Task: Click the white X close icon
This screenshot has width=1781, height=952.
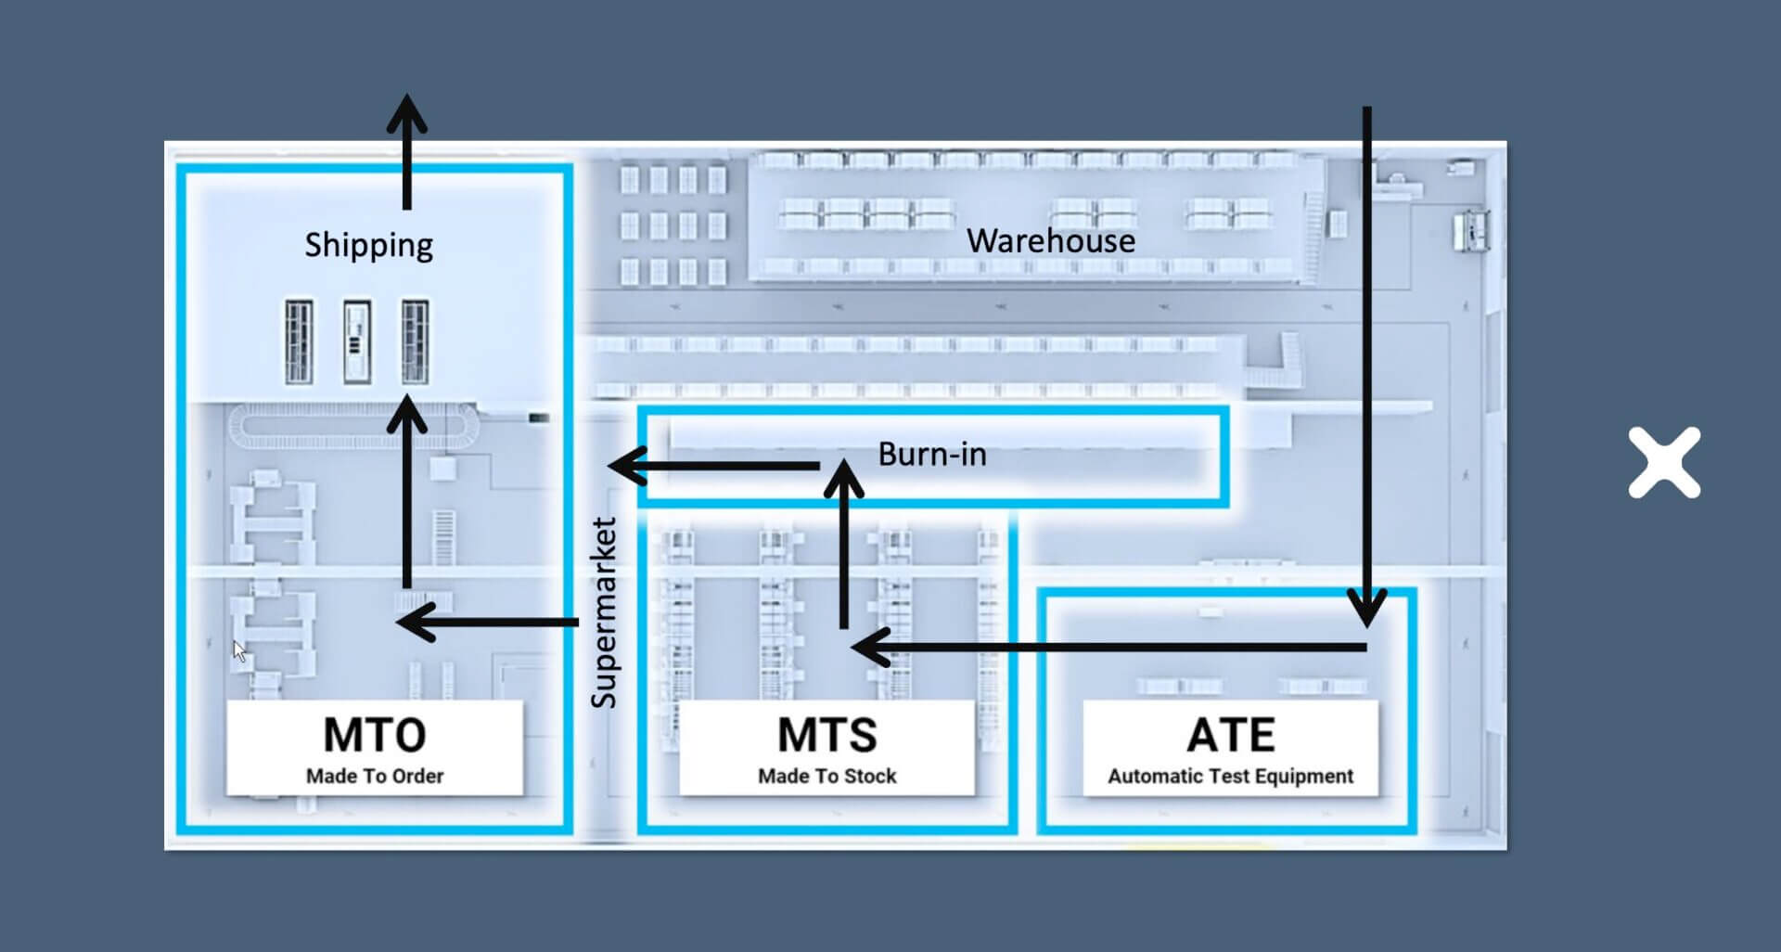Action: point(1664,462)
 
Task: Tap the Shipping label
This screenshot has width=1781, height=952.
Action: point(369,246)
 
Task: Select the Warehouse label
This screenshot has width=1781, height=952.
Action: point(1051,241)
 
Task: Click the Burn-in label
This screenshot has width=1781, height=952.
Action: point(932,454)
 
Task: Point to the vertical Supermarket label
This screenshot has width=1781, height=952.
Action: point(604,613)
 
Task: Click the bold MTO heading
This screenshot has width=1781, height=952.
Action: point(375,735)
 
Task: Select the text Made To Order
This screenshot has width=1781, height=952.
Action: point(375,776)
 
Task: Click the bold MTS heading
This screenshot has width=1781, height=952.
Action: point(827,735)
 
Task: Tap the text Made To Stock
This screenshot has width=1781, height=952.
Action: point(827,776)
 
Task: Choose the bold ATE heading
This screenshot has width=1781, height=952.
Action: point(1231,735)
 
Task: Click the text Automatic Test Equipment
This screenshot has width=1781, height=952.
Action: point(1231,776)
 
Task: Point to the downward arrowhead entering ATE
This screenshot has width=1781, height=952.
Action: point(1366,608)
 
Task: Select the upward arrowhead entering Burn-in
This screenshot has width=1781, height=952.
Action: point(843,479)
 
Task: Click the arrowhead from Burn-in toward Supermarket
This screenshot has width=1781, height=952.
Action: point(628,466)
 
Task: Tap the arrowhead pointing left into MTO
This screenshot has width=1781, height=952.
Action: point(416,623)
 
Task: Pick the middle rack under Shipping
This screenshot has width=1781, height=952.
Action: point(357,341)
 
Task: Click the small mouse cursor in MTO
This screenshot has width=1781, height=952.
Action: point(239,650)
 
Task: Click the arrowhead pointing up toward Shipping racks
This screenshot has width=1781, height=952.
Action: point(406,415)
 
